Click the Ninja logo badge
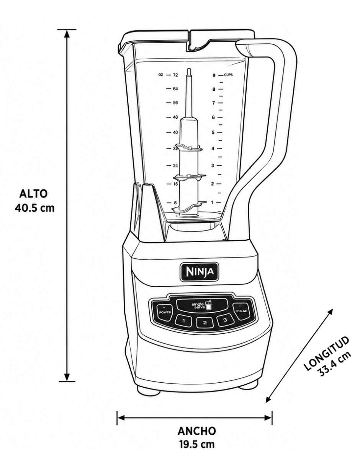coord(199,272)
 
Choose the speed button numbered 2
coord(205,322)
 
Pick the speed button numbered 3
coord(225,320)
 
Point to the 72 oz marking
coord(175,75)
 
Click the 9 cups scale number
coord(214,75)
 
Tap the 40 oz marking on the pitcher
coord(175,132)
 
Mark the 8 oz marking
coord(175,203)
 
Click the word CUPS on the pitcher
coord(228,75)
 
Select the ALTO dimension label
coord(33,194)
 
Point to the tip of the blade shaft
coord(188,69)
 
